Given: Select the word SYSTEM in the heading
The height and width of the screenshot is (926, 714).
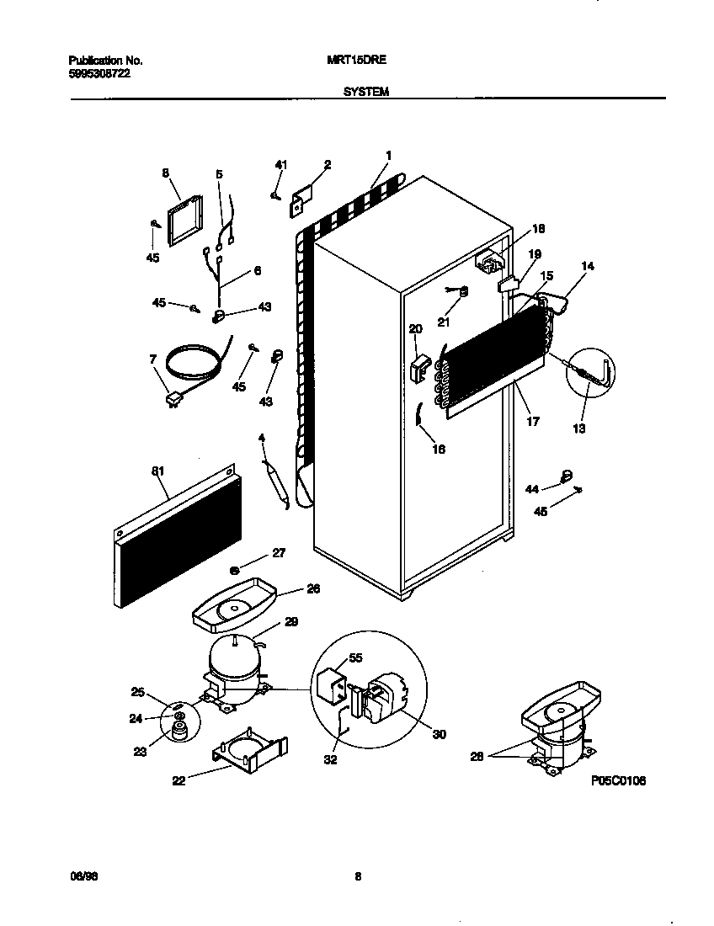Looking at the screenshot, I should click(x=366, y=92).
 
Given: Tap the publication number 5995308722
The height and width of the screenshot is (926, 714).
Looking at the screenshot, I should click(x=99, y=73).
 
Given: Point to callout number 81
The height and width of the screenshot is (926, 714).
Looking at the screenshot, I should click(x=157, y=471).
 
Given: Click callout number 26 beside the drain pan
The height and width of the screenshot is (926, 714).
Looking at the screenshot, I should click(x=313, y=588).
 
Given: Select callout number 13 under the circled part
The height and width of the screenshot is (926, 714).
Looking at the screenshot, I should click(x=578, y=428).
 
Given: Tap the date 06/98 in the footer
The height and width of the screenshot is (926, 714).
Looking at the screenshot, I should click(x=79, y=876).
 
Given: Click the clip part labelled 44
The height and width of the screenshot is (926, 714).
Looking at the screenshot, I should click(x=567, y=476).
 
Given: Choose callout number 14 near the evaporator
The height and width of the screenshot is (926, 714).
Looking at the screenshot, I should click(x=587, y=266).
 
